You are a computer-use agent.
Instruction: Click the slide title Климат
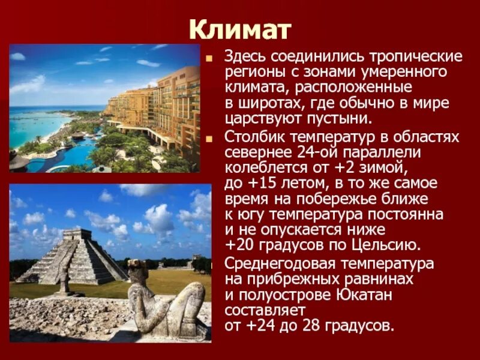click(x=240, y=28)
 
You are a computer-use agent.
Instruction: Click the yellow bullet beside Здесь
click(x=209, y=59)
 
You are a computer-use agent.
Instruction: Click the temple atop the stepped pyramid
click(x=77, y=235)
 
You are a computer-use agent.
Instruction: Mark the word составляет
click(x=265, y=310)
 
